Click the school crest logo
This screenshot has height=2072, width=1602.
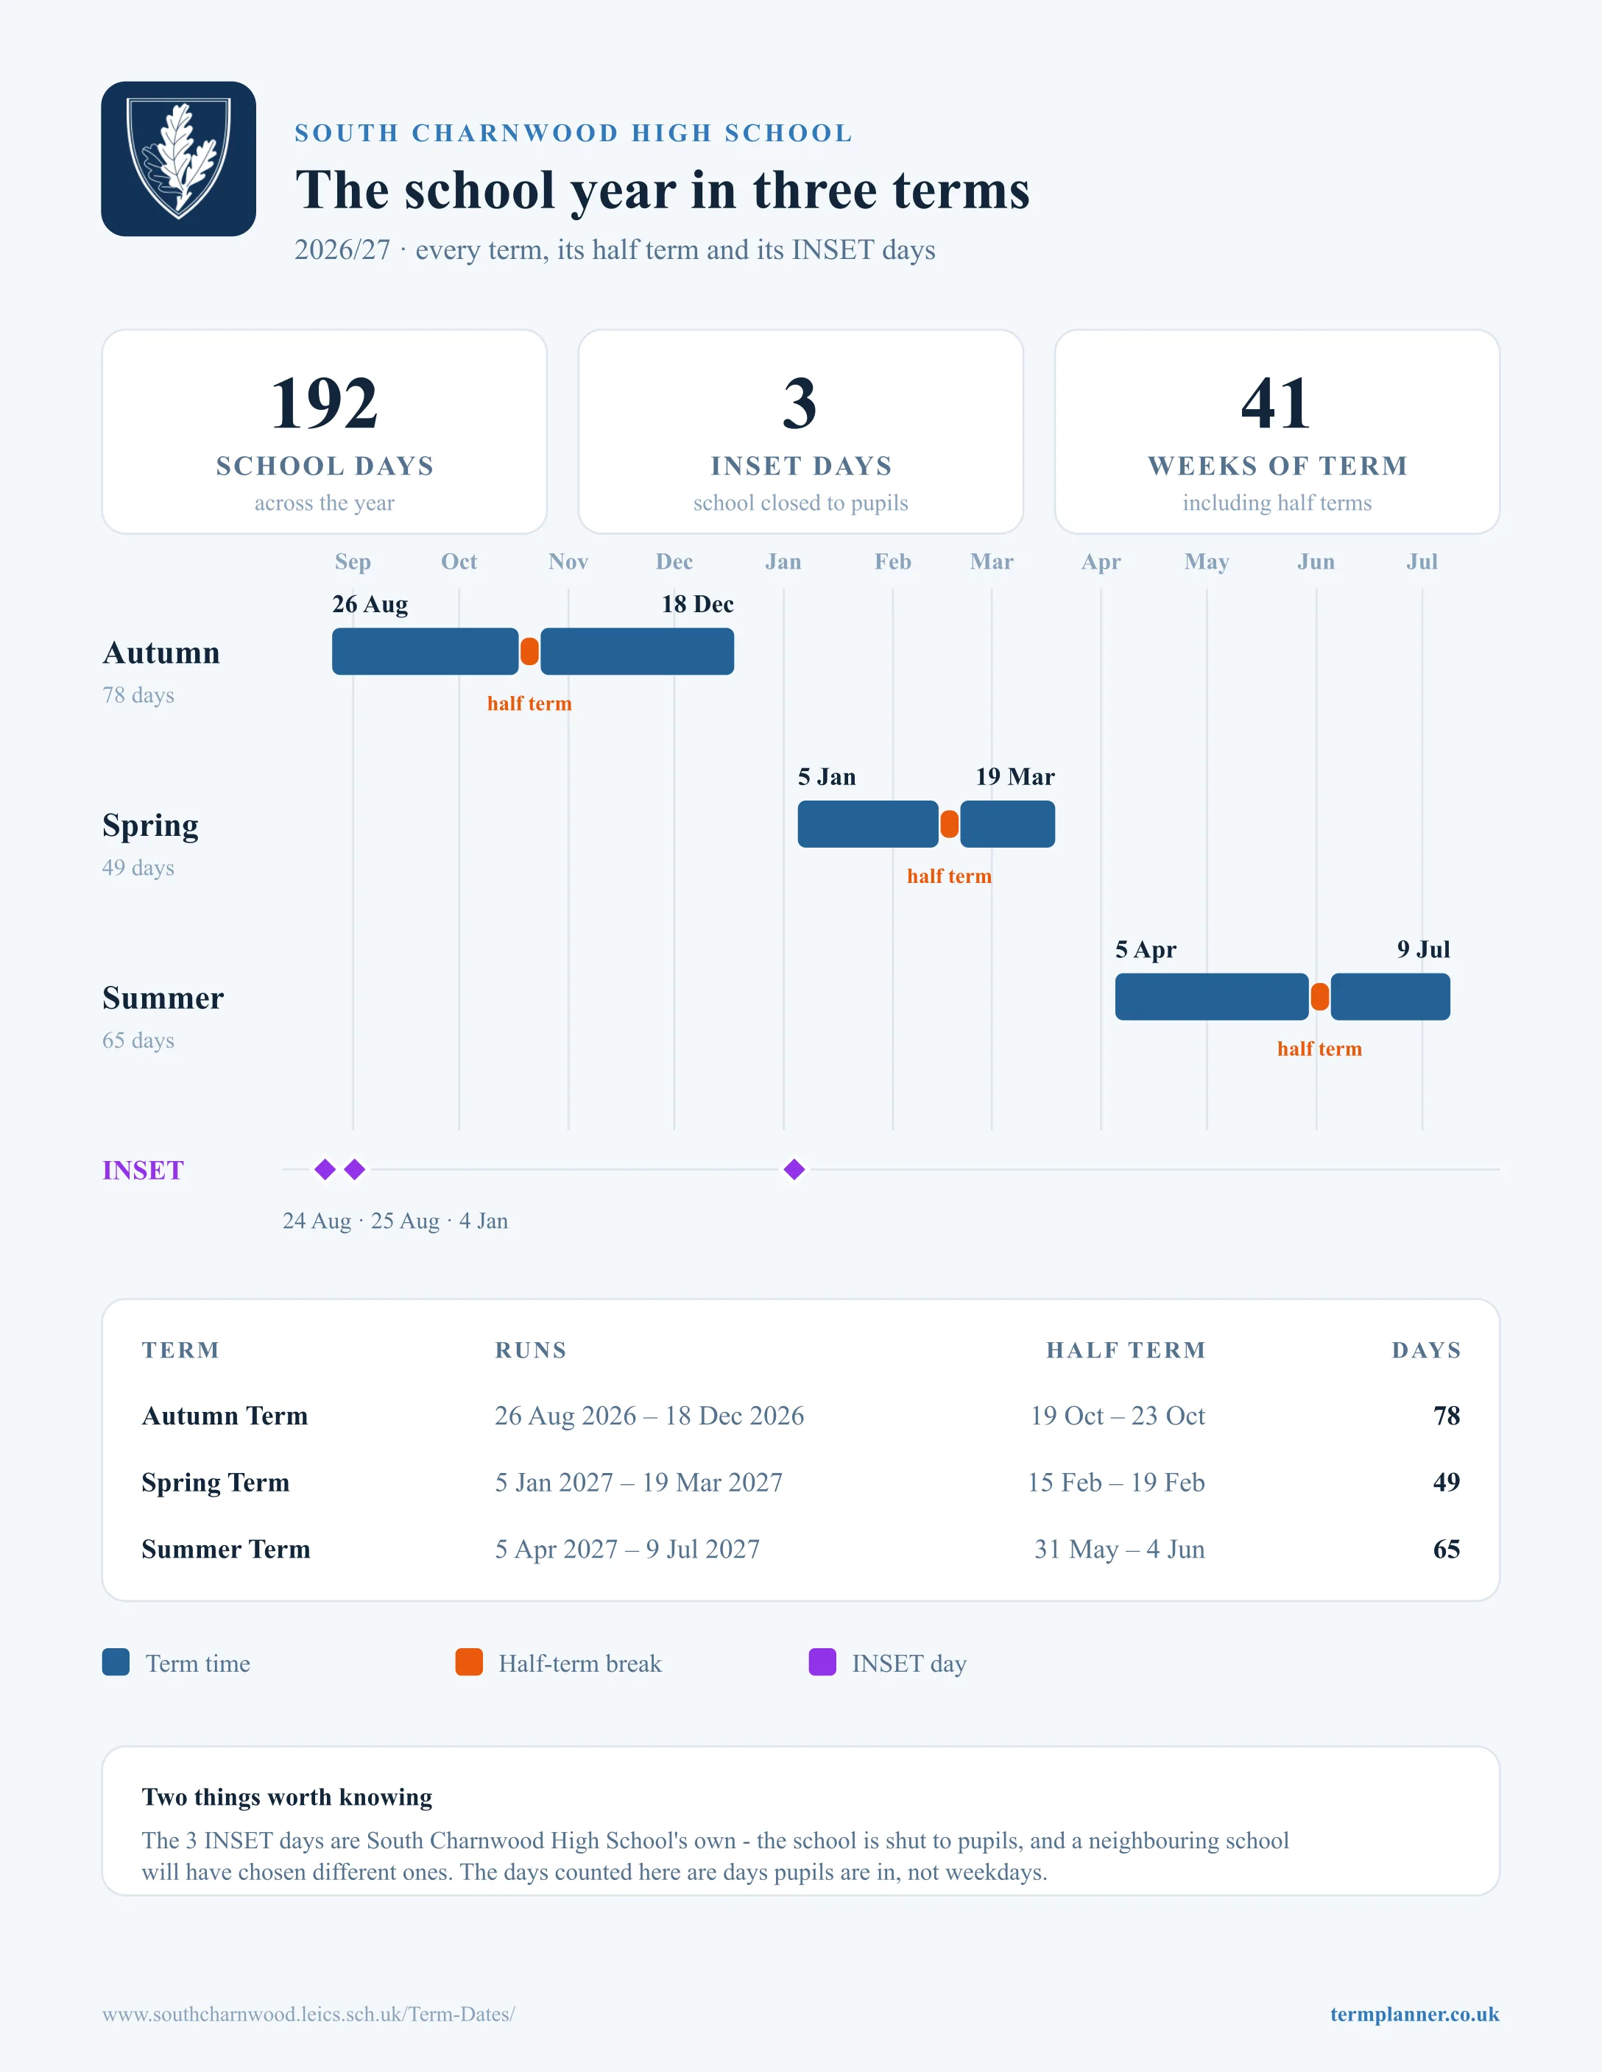click(178, 158)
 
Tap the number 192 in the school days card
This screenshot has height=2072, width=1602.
click(325, 403)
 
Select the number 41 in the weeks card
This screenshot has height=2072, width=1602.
click(1277, 403)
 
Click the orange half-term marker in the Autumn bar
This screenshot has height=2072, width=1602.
click(529, 652)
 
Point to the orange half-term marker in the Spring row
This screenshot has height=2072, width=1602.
click(949, 824)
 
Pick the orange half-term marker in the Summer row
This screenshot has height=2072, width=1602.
click(1319, 997)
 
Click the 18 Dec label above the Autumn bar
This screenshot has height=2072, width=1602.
click(697, 604)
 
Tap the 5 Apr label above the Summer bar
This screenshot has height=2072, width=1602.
click(1146, 950)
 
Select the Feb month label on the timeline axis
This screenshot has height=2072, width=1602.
click(893, 561)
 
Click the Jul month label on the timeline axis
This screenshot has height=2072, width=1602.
click(1422, 561)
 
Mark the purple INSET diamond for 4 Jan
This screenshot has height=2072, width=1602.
click(794, 1170)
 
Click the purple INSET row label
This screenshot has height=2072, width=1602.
click(144, 1171)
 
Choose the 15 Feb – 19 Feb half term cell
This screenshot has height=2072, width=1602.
click(1116, 1482)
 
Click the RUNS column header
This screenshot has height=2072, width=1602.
click(531, 1350)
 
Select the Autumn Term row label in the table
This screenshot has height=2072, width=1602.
click(225, 1416)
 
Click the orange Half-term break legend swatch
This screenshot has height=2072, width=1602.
click(469, 1662)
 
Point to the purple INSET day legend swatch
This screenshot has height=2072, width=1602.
click(822, 1662)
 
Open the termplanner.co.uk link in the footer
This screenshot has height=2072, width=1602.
click(1414, 2014)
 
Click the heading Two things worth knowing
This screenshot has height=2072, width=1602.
click(286, 1797)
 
